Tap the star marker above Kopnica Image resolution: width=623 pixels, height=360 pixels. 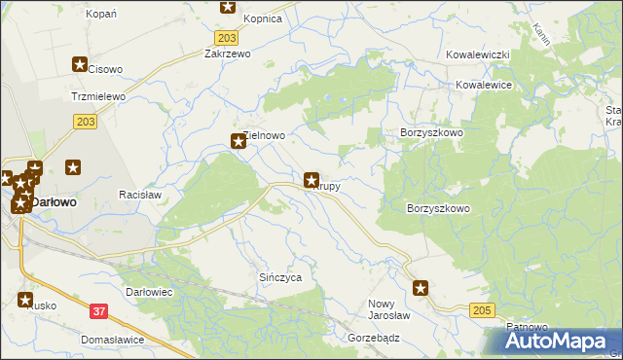click(228, 6)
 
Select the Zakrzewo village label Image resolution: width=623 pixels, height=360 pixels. click(227, 54)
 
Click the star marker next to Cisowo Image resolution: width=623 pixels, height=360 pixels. click(80, 64)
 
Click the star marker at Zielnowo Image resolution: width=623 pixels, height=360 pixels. click(237, 141)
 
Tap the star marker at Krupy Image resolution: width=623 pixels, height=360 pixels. click(311, 180)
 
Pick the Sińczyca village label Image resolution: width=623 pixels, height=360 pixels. click(280, 277)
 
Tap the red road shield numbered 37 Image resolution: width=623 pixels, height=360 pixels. click(98, 311)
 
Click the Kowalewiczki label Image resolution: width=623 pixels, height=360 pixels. click(479, 55)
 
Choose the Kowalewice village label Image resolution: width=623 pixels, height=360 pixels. click(484, 86)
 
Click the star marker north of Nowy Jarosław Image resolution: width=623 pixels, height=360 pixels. click(421, 287)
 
